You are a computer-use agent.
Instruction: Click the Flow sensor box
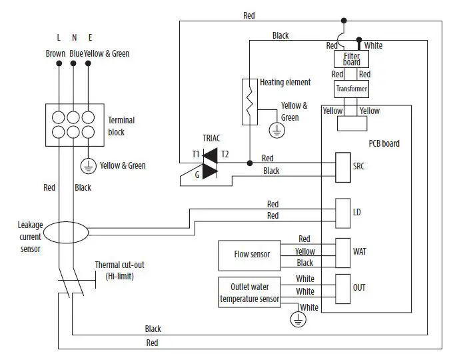(251, 255)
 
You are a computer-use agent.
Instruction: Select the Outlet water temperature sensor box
(250, 291)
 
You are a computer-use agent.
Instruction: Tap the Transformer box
(351, 89)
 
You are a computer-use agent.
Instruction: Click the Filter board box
(351, 59)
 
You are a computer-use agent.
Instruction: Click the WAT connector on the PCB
(342, 252)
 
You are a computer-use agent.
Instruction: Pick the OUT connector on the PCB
(342, 287)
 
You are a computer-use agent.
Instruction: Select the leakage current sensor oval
(67, 233)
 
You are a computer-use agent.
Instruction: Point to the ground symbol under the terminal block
(87, 166)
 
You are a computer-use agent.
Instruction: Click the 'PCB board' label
(384, 143)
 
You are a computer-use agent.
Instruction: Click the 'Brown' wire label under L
(55, 53)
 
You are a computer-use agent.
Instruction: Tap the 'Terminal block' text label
(121, 126)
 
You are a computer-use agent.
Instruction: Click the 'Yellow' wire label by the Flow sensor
(305, 251)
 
